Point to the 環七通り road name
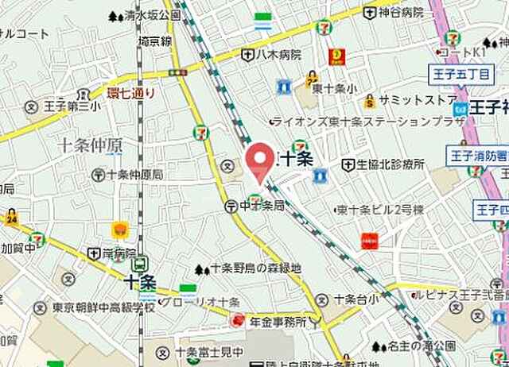[132, 93]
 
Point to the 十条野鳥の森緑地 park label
[254, 268]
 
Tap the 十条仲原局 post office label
[134, 174]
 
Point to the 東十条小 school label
[327, 89]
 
